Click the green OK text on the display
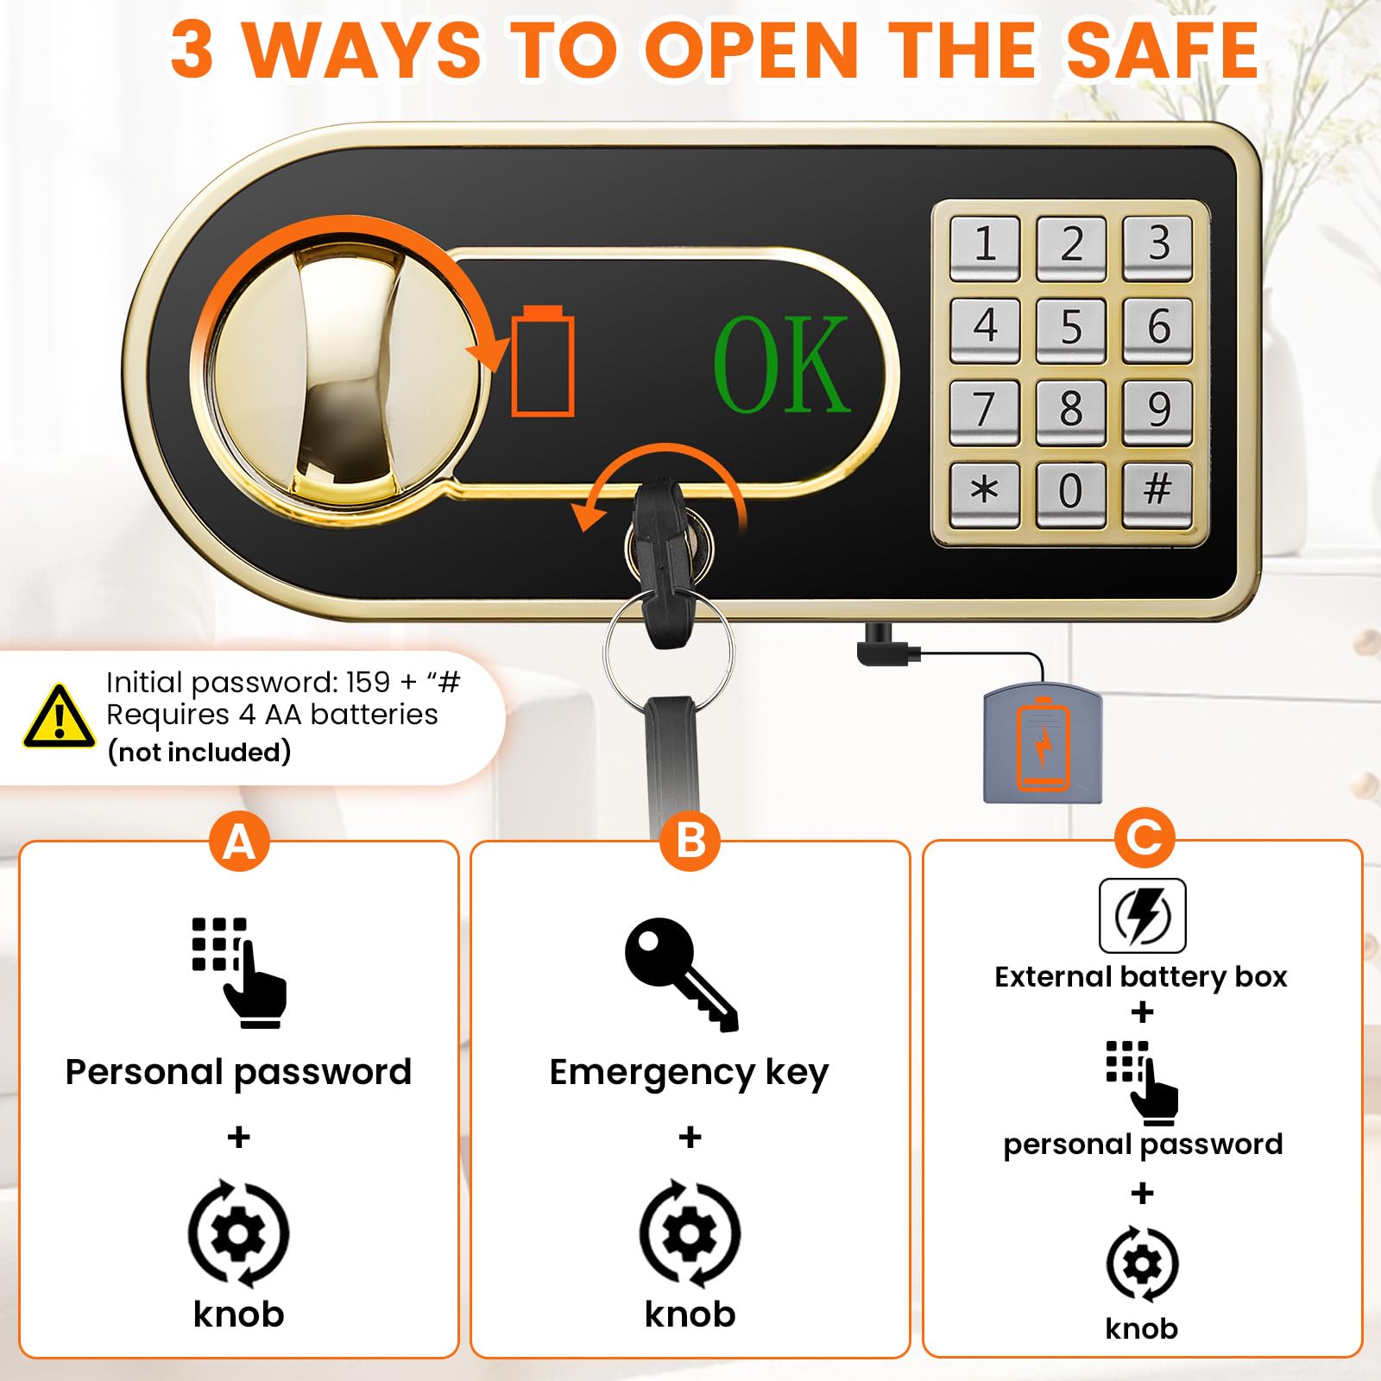[x=782, y=364]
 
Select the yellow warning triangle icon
[x=59, y=717]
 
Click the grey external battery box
[x=1043, y=741]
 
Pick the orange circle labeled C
[x=1144, y=836]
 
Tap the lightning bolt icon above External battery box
[x=1142, y=916]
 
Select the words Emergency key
[x=689, y=1073]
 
